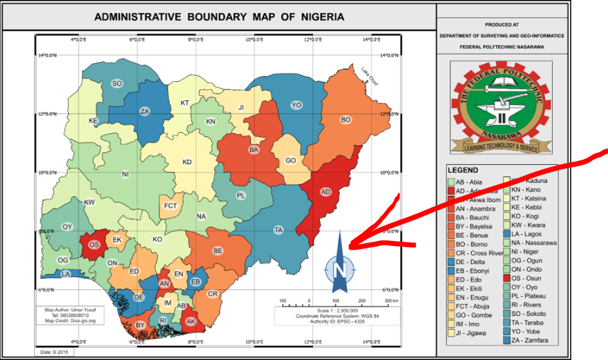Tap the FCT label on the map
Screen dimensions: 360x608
pos(171,206)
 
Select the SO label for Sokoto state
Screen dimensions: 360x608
pos(117,84)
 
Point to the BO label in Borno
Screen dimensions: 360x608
pos(346,120)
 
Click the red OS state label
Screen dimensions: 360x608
pos(93,245)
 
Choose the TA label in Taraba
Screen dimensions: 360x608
pos(279,230)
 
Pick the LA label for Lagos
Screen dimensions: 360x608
pos(66,274)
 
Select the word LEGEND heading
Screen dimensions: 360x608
pos(463,170)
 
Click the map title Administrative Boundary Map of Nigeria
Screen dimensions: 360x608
pos(219,17)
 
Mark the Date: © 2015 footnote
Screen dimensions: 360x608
pos(55,352)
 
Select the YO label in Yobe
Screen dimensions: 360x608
pos(296,105)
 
